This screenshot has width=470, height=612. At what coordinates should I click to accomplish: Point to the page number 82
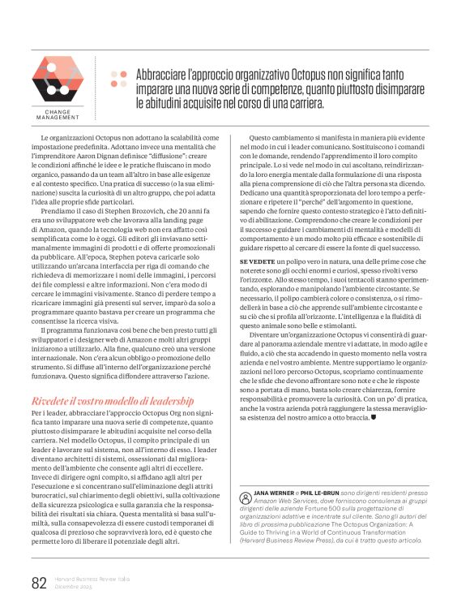click(x=39, y=582)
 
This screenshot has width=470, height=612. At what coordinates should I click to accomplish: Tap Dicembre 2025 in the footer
click(x=74, y=588)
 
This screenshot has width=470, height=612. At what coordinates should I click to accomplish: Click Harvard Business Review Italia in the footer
click(x=92, y=580)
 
